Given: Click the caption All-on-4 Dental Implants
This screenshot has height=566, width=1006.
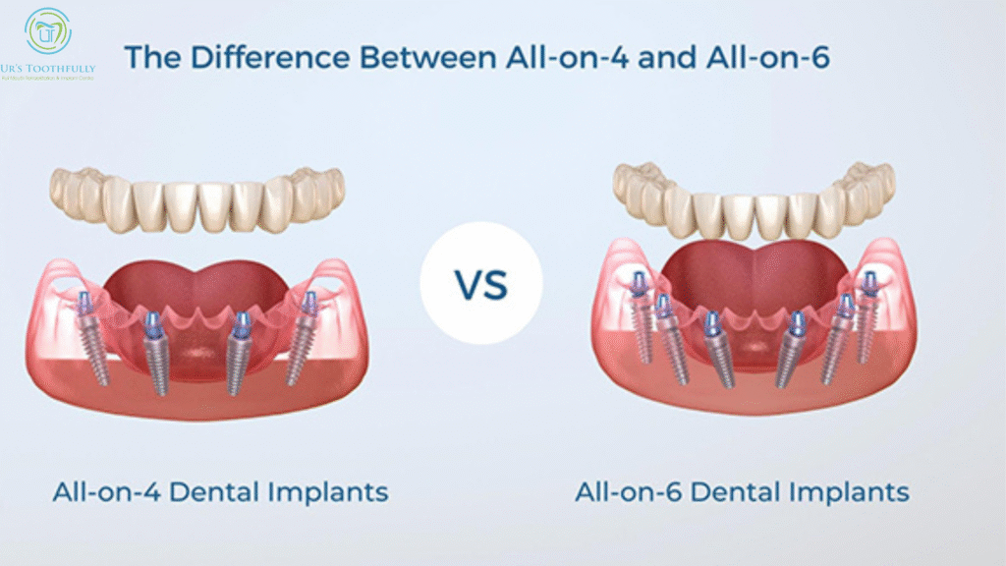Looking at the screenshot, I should coord(220,491).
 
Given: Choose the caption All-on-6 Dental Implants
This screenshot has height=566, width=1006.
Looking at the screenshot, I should coord(742,491).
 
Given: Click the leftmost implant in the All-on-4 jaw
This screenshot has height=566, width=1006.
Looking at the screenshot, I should coord(94,339).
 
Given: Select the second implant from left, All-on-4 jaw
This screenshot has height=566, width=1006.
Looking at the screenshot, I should coord(157,354).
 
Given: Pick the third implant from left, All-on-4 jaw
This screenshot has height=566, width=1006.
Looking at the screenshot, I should coord(237,354).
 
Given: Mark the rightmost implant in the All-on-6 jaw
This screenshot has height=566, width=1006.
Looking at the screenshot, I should coord(866,314).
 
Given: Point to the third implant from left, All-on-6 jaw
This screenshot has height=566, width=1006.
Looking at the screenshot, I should coord(717,349).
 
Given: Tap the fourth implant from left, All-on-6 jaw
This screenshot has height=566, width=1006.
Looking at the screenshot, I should coord(791,349).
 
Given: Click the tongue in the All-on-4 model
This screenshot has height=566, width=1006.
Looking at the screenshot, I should coord(196,285).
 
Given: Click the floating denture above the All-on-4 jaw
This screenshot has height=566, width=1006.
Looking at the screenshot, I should coord(196,201).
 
